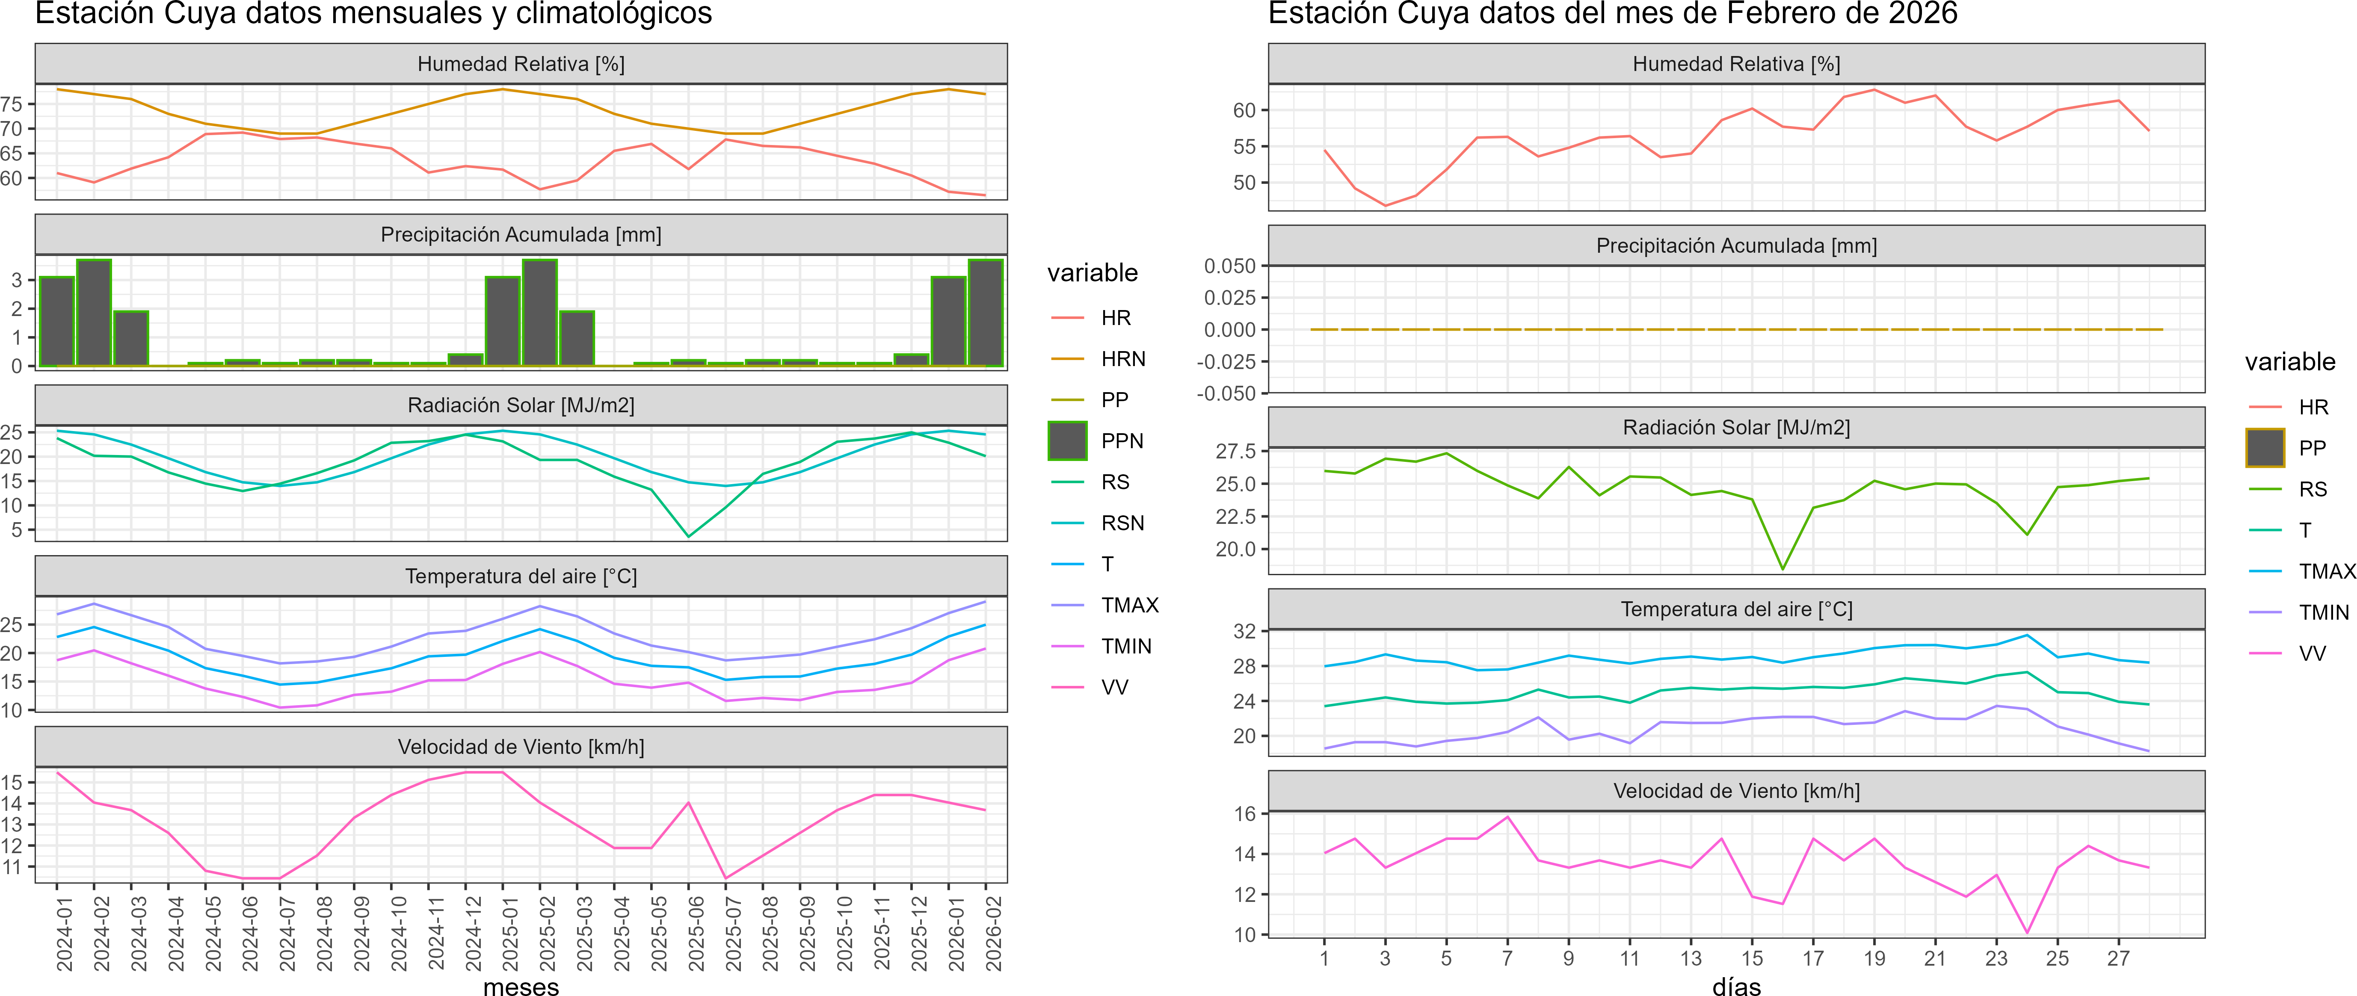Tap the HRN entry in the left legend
click(1123, 358)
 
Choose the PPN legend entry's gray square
click(1067, 441)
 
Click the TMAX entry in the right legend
click(2326, 572)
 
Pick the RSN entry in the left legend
click(1122, 523)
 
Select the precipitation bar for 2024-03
click(131, 338)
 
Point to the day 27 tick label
click(2118, 958)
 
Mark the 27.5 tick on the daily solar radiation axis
click(1235, 451)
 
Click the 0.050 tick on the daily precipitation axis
click(1230, 266)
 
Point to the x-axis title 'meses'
click(521, 986)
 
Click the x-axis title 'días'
click(1736, 986)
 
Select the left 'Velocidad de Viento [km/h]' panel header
click(521, 747)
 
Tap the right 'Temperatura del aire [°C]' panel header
click(1736, 609)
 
